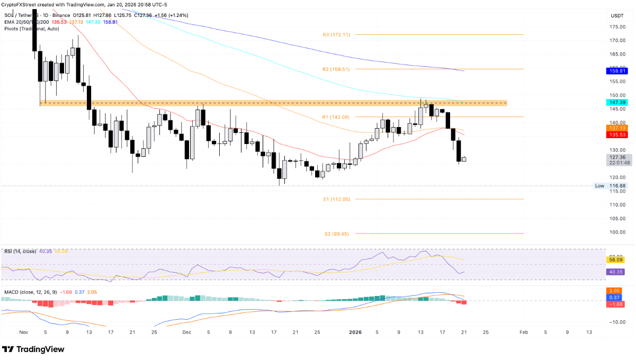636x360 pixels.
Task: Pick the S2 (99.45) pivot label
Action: (x=336, y=233)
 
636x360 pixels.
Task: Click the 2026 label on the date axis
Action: (x=356, y=332)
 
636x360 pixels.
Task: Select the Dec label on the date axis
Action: (x=186, y=332)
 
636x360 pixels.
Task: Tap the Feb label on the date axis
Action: (x=523, y=332)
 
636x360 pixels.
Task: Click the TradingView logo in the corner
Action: (x=33, y=349)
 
